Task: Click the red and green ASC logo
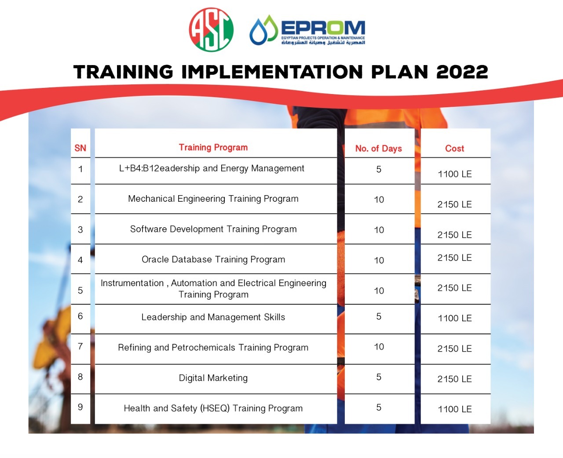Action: [211, 29]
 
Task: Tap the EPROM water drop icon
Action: [263, 30]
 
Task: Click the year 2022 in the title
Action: [462, 72]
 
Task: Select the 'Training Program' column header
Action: [213, 147]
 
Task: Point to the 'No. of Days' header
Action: [379, 149]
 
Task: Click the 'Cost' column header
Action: [454, 149]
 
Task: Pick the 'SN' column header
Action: [80, 148]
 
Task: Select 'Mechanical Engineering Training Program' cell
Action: [213, 199]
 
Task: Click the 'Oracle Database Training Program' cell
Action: [213, 260]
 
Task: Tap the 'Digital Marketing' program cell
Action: [213, 378]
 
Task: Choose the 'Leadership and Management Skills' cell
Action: [213, 317]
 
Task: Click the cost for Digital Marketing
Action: [454, 379]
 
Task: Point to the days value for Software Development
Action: [379, 230]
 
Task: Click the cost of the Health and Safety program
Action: [455, 409]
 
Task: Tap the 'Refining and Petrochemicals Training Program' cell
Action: [213, 348]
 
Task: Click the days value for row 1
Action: [379, 169]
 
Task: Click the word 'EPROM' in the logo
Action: [323, 28]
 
